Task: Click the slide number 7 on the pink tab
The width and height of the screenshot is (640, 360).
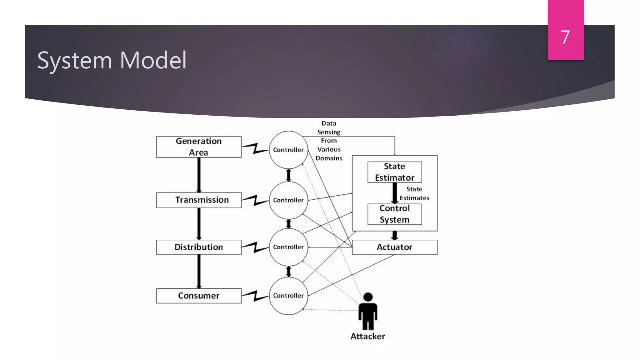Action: pyautogui.click(x=565, y=37)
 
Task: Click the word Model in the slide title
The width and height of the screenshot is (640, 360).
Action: pyautogui.click(x=153, y=60)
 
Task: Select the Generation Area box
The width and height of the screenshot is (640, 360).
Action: pyautogui.click(x=199, y=147)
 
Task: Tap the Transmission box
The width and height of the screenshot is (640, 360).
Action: pyautogui.click(x=199, y=200)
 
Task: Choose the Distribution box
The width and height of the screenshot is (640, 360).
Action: pyautogui.click(x=199, y=247)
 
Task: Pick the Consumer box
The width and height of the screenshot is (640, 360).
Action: pyautogui.click(x=199, y=296)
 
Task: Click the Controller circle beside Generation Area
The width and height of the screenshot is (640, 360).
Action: pyautogui.click(x=288, y=150)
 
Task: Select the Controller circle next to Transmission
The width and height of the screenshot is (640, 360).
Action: pyautogui.click(x=288, y=200)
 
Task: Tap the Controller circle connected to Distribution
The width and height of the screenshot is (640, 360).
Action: pyautogui.click(x=288, y=247)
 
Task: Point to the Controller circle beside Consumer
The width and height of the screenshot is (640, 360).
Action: pyautogui.click(x=288, y=296)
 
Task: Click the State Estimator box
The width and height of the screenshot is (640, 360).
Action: pyautogui.click(x=394, y=172)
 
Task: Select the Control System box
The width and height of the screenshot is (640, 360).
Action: pyautogui.click(x=394, y=214)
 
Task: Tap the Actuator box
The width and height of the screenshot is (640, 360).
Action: pyautogui.click(x=394, y=247)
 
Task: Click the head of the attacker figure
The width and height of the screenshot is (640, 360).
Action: pyautogui.click(x=368, y=297)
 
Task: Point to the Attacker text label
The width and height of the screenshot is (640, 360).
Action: pyautogui.click(x=367, y=336)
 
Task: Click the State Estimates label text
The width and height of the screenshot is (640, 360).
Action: pyautogui.click(x=414, y=194)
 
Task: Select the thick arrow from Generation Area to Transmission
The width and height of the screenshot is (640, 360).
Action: pyautogui.click(x=199, y=175)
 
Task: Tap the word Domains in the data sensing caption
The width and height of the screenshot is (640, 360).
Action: pyautogui.click(x=329, y=158)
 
